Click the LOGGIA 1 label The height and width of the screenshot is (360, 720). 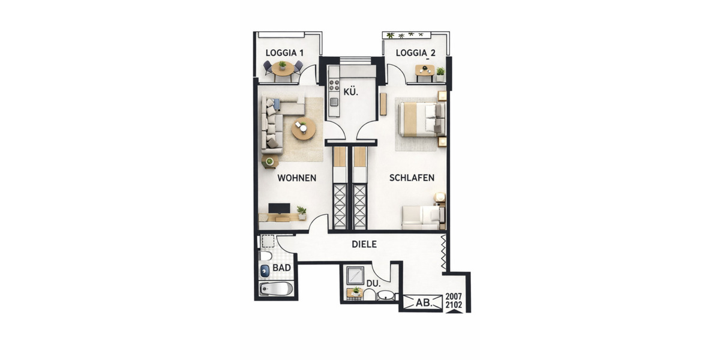click(x=284, y=53)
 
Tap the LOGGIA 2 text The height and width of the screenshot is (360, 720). click(x=415, y=53)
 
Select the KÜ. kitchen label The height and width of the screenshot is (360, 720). click(x=351, y=93)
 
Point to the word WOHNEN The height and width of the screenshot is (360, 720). click(x=296, y=178)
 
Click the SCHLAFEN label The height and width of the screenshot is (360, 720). click(x=412, y=178)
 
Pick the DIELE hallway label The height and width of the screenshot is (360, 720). click(x=364, y=244)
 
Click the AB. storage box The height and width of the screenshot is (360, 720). click(x=424, y=304)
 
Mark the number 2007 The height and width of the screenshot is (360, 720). click(x=454, y=297)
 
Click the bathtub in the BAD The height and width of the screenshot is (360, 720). click(x=277, y=289)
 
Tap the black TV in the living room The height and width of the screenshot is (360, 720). click(x=279, y=208)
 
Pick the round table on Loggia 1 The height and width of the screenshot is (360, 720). click(x=283, y=68)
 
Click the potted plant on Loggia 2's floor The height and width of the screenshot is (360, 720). click(x=440, y=73)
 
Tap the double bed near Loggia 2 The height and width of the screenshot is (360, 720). click(x=422, y=118)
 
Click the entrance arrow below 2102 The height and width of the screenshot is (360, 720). click(x=454, y=312)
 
